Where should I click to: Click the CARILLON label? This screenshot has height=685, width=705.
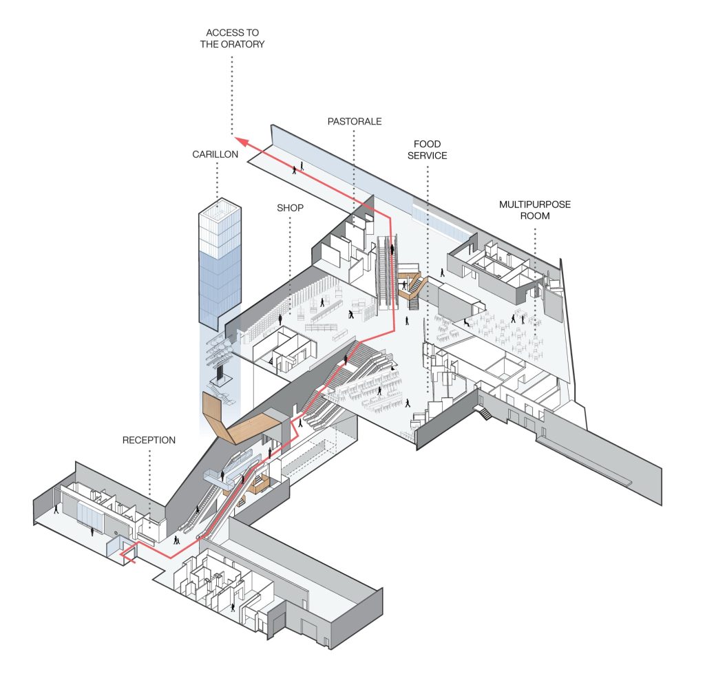click(215, 155)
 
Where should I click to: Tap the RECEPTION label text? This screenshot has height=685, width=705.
click(149, 439)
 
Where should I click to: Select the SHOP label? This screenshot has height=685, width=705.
click(290, 207)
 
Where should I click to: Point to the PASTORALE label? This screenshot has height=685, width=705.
click(355, 122)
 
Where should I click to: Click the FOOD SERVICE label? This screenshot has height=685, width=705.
click(430, 150)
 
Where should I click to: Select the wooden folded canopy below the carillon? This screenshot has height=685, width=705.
click(238, 423)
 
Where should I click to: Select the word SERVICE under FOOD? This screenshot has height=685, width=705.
click(430, 156)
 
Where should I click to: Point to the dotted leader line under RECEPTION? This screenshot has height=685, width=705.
click(149, 482)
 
